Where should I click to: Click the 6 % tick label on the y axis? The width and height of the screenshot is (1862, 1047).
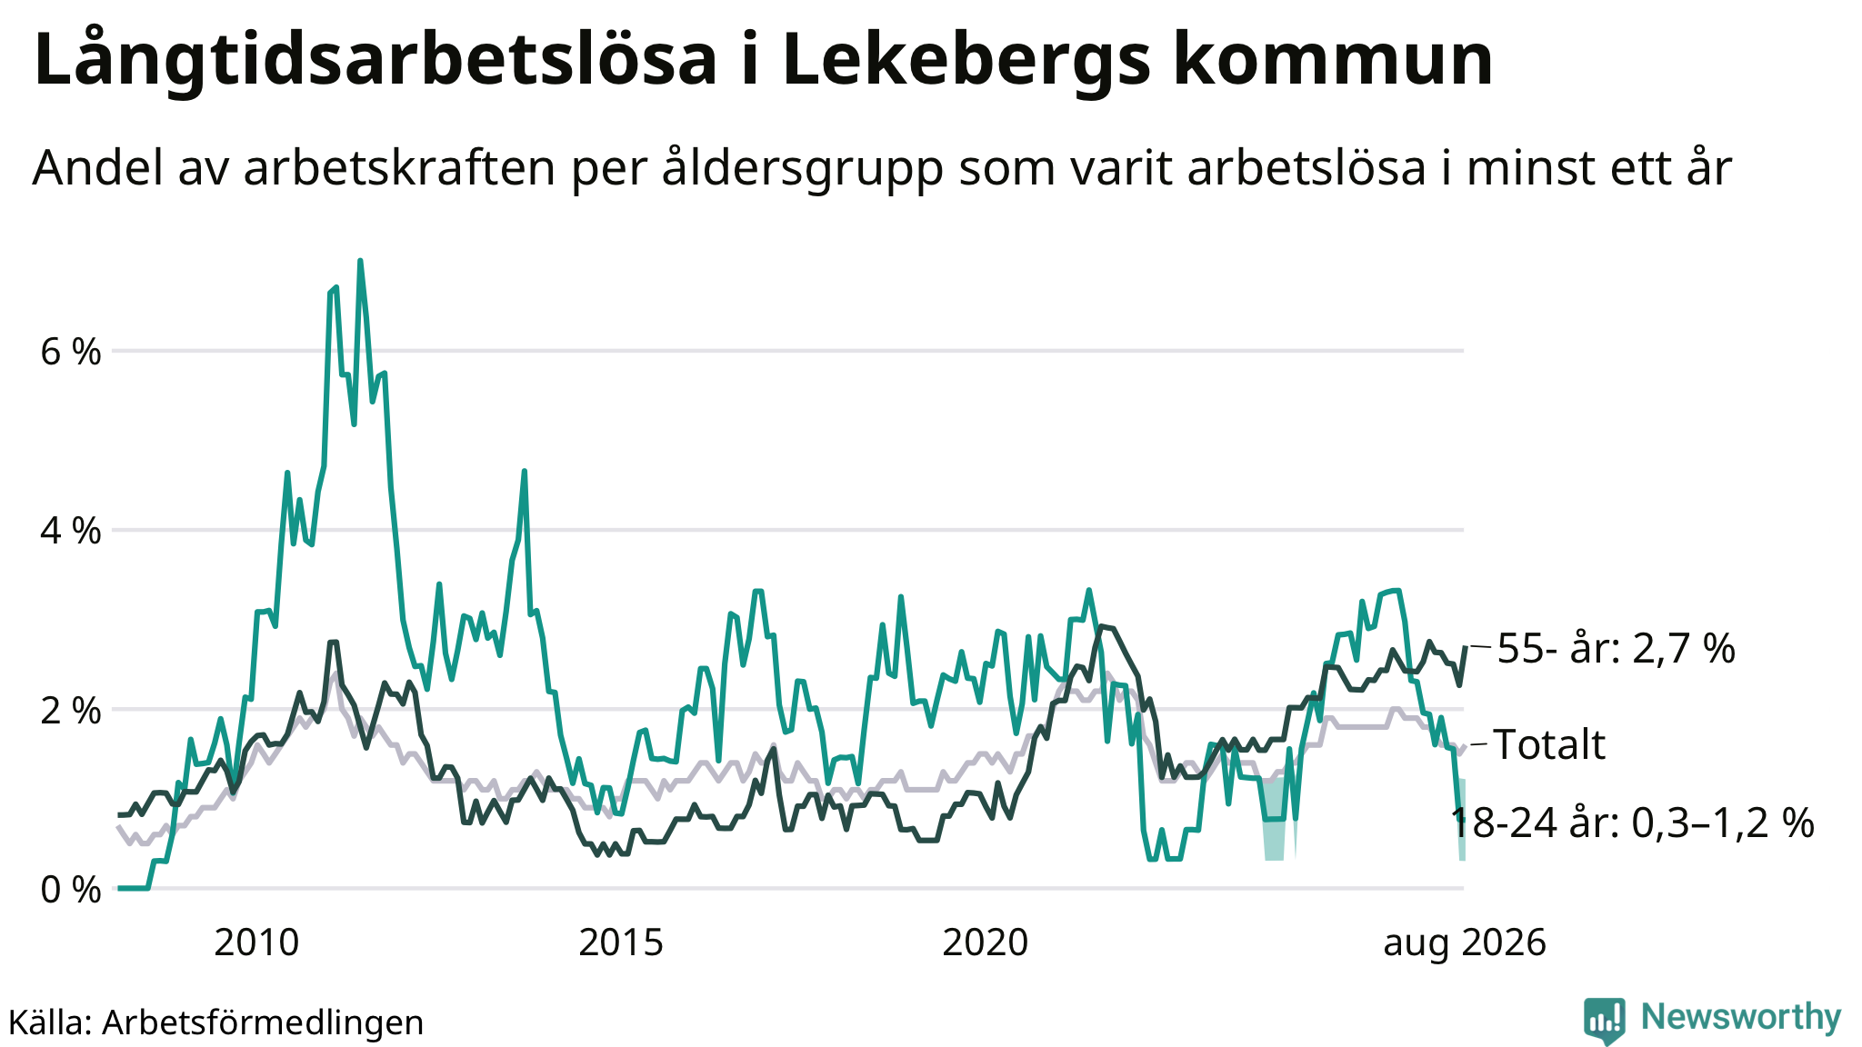[71, 352]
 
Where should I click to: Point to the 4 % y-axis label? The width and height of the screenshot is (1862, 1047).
[71, 531]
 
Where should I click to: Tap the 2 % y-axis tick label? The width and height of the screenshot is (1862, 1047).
[71, 711]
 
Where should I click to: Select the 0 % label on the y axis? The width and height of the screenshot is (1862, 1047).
[71, 890]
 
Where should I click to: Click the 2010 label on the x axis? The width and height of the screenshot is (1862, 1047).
[256, 942]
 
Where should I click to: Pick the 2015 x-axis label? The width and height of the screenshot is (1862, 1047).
[621, 942]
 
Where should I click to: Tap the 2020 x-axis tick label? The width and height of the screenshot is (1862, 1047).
[985, 942]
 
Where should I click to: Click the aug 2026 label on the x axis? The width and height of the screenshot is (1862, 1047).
[1465, 944]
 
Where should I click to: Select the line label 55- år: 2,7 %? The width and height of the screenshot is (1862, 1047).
[1617, 649]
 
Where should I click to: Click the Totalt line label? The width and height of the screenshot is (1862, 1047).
[1549, 744]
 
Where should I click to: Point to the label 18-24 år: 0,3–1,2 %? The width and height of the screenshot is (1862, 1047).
[1633, 823]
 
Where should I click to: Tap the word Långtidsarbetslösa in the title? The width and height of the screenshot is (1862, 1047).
[375, 60]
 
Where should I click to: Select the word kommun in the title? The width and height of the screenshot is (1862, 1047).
[1333, 60]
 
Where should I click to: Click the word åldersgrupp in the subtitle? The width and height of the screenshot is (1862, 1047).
[802, 170]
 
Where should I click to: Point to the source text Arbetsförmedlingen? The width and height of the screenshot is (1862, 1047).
[263, 1023]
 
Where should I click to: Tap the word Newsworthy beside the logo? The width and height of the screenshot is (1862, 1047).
[1741, 1018]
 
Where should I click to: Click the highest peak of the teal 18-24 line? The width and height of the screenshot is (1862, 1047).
[360, 261]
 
